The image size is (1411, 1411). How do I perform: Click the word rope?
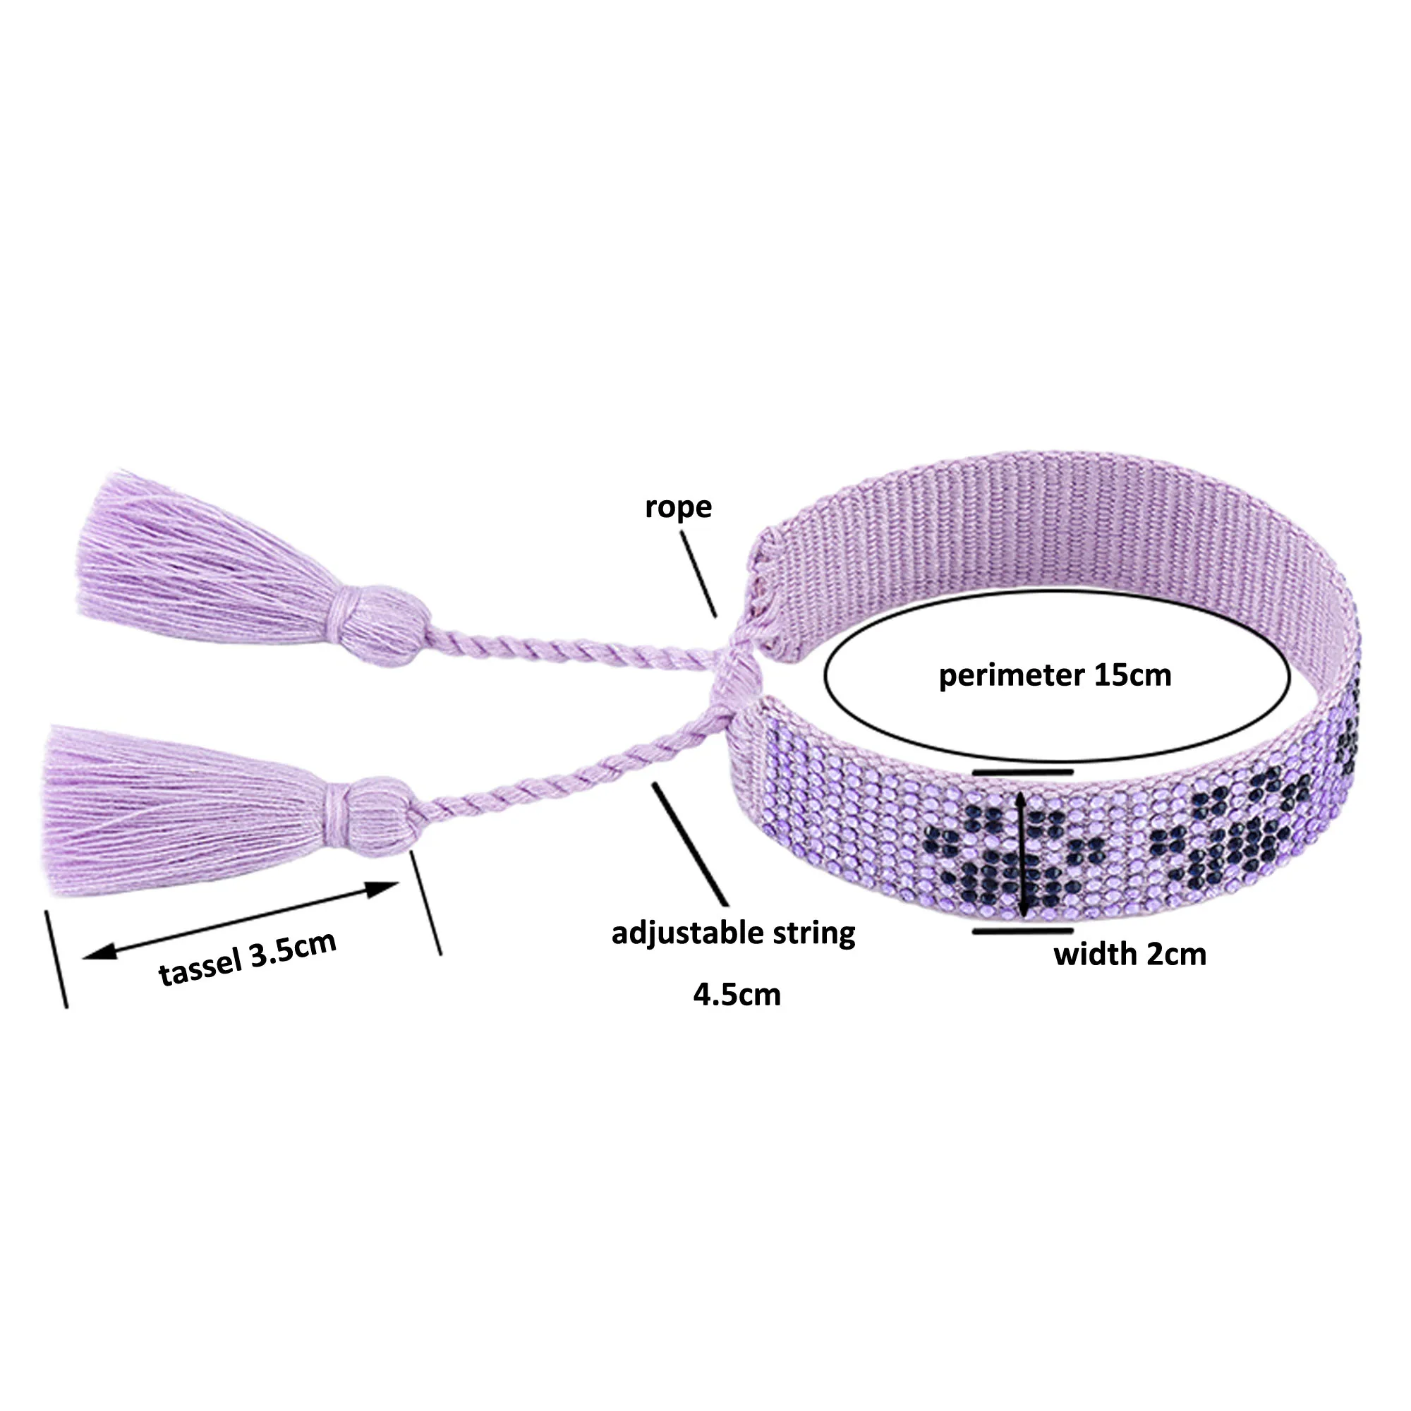678,507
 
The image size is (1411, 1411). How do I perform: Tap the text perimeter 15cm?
1055,675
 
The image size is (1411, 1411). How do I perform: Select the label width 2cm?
1129,955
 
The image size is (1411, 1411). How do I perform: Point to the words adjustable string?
733,933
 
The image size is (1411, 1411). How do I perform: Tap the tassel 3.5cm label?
248,959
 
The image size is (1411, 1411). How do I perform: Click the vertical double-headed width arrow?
1023,852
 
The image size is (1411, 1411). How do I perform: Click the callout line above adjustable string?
690,844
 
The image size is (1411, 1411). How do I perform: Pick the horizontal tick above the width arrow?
1022,770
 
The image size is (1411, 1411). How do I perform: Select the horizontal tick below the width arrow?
1022,931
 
